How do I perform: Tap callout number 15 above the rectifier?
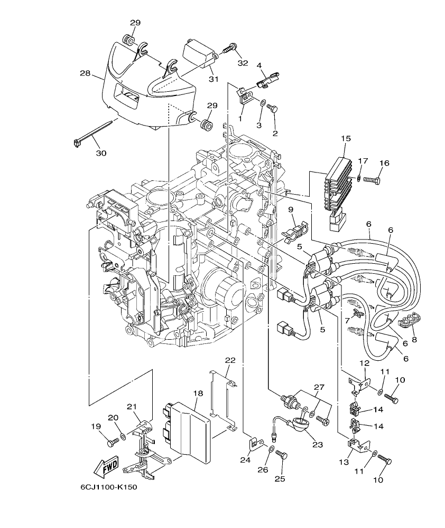point(346,139)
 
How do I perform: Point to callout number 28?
point(85,73)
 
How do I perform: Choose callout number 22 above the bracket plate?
point(230,360)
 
